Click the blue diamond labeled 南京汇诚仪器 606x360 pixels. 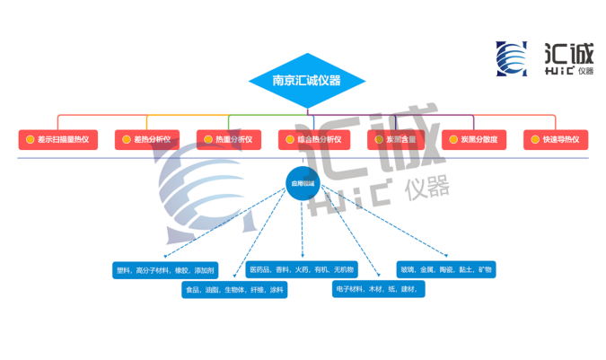click(307, 80)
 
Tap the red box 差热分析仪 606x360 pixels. click(148, 140)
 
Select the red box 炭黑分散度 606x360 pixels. click(475, 140)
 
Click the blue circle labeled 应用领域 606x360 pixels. click(302, 183)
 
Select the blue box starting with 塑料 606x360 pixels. click(165, 269)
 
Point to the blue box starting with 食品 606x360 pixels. click(234, 290)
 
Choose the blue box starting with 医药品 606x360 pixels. click(302, 269)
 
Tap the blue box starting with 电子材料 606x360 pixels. click(377, 290)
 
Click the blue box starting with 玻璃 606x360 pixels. click(446, 269)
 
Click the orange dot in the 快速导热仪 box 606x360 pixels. click(534, 140)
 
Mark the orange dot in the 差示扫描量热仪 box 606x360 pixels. click(30, 140)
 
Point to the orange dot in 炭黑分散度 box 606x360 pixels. click(452, 140)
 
